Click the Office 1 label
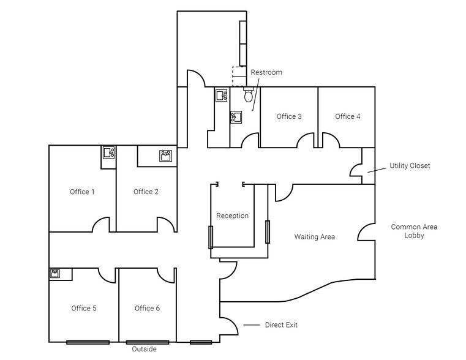(82, 192)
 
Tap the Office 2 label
(146, 192)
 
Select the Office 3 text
(289, 116)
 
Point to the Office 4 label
(348, 116)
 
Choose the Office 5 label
(83, 308)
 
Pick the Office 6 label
(147, 308)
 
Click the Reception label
(232, 216)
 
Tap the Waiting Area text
(314, 236)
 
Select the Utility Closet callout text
(410, 166)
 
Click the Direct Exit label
(281, 325)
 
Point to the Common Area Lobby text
(414, 231)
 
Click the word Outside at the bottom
(145, 349)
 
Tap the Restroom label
(266, 72)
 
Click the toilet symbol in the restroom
(248, 96)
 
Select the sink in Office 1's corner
(109, 152)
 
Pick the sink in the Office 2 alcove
(165, 156)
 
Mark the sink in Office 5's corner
(55, 273)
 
